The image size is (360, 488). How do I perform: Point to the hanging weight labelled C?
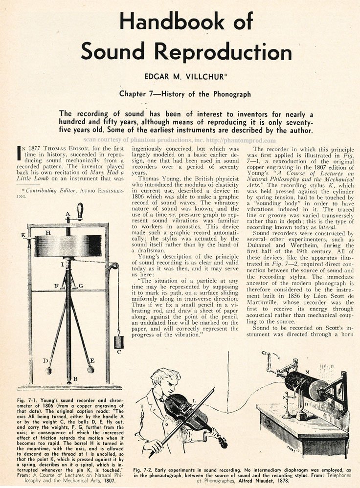tap(118, 341)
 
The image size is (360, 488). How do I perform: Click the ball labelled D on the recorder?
tap(48, 370)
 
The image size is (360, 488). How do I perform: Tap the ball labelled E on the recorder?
tap(90, 370)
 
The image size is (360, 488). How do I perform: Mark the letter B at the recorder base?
tap(75, 379)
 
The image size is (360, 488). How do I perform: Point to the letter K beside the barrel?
tap(23, 235)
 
